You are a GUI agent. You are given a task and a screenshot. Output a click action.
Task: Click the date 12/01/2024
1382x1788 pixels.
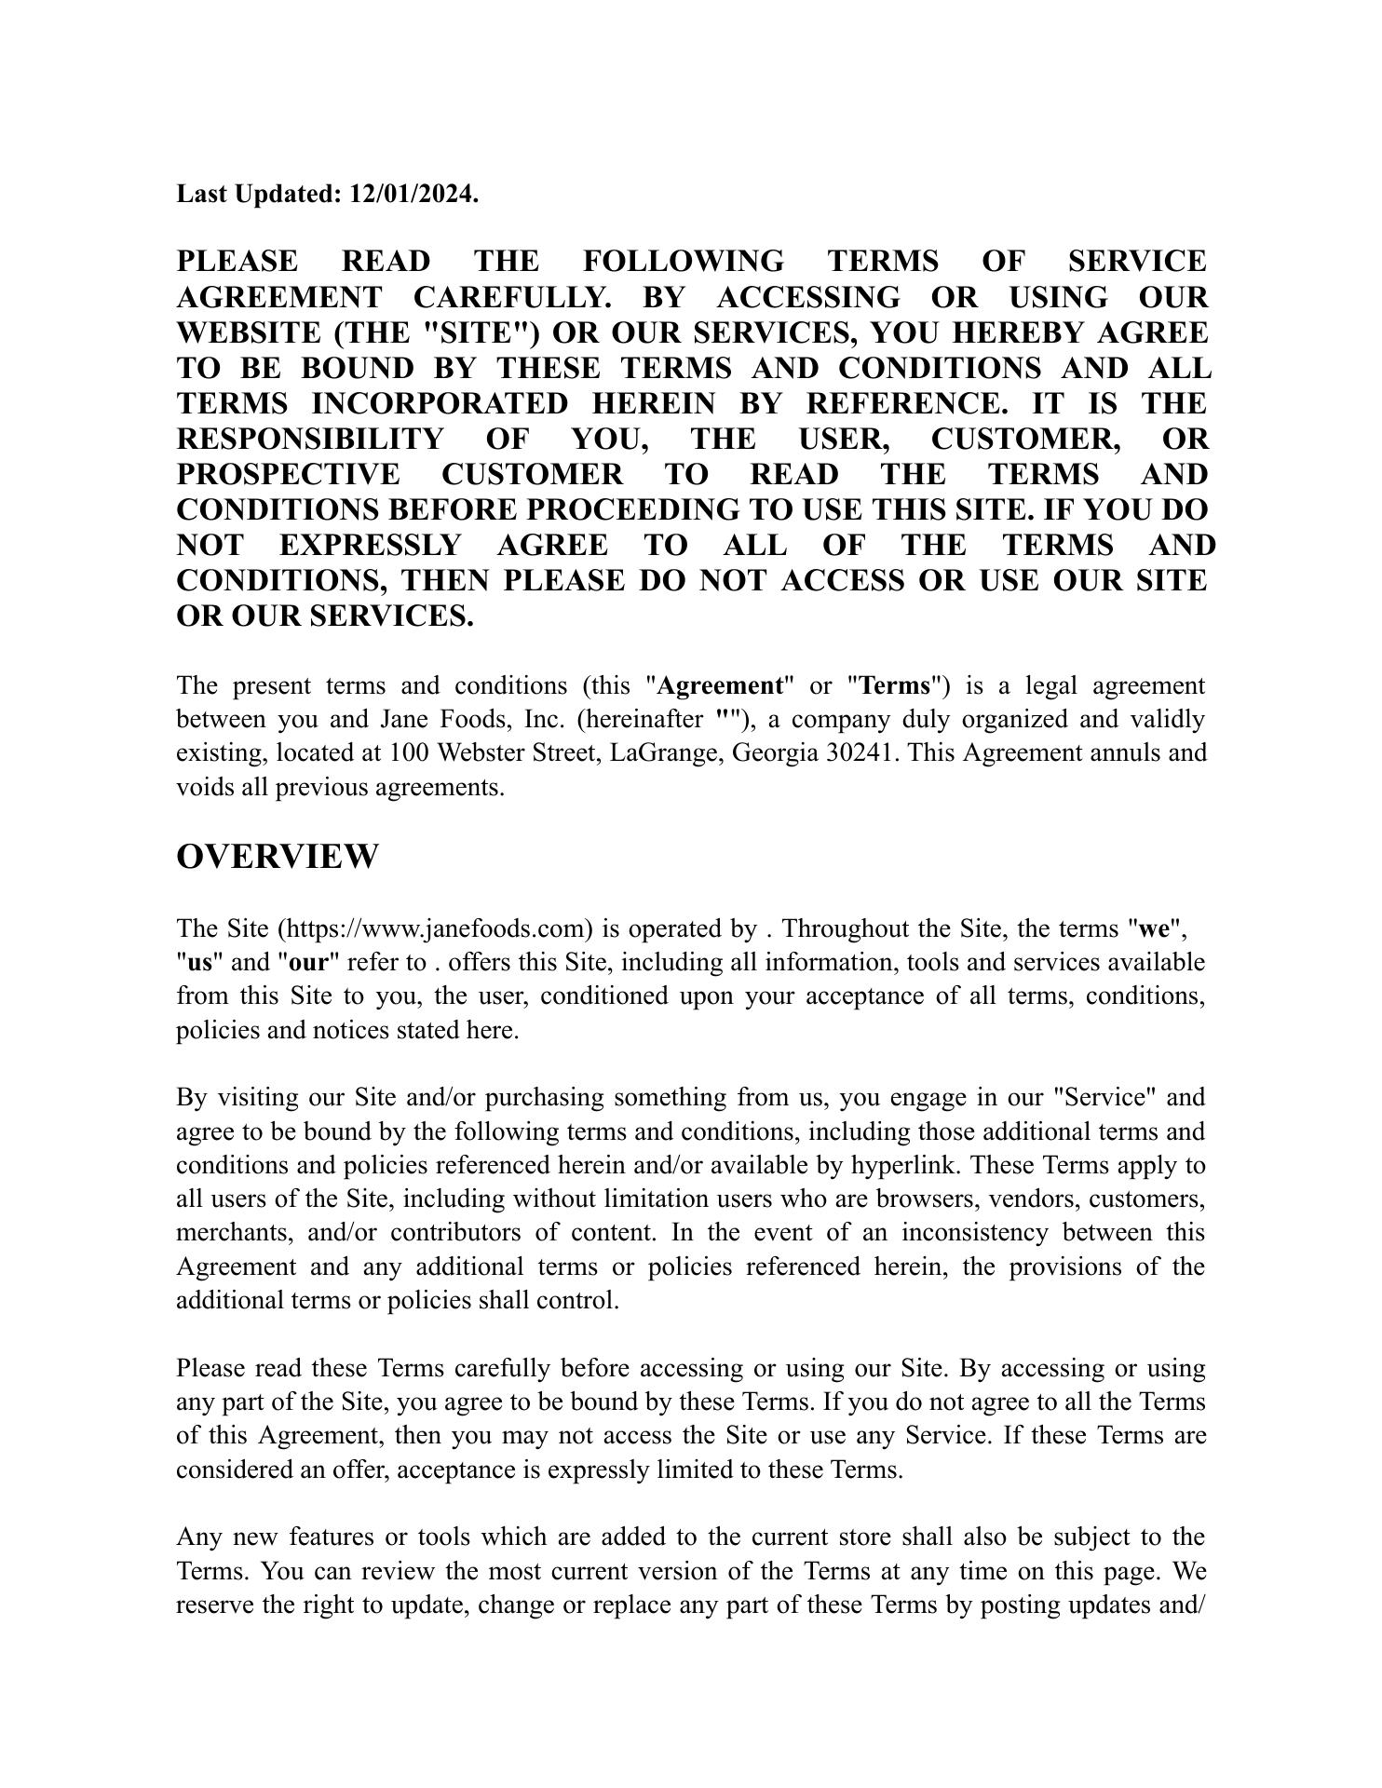pyautogui.click(x=413, y=194)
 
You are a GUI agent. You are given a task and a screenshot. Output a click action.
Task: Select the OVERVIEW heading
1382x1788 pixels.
pyautogui.click(x=278, y=857)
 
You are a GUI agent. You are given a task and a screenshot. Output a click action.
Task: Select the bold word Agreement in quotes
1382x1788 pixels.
pyautogui.click(x=720, y=686)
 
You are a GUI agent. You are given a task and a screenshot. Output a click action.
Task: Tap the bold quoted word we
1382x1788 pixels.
pyautogui.click(x=1154, y=928)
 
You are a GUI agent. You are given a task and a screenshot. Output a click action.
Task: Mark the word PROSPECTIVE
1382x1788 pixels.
pyautogui.click(x=288, y=474)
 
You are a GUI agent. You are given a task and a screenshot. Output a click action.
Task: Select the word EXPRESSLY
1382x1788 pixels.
pyautogui.click(x=371, y=545)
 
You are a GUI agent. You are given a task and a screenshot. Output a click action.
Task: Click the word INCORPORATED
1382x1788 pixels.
pyautogui.click(x=439, y=403)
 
